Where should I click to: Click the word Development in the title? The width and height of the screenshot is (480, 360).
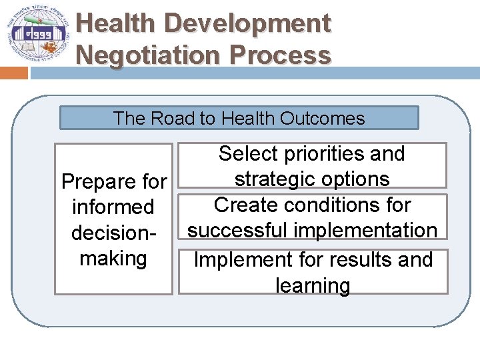pos(247,23)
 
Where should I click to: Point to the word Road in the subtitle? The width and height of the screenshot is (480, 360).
pos(173,119)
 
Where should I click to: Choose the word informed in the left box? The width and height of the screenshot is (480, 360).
pos(113,207)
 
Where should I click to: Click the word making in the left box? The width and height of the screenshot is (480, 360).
pos(113,257)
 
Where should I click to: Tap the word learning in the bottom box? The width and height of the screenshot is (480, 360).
pos(313,285)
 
